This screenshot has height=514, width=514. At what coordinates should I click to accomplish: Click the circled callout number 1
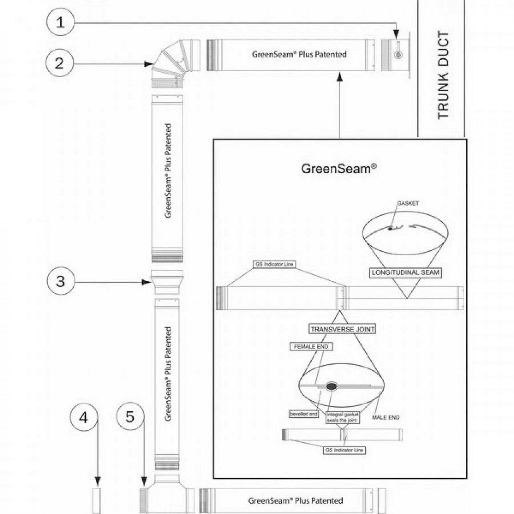tap(60, 22)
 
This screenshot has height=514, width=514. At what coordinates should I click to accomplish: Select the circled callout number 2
tap(60, 63)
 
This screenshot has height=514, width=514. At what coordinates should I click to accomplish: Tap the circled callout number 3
tap(61, 281)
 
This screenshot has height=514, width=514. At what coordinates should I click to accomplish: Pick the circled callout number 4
tap(84, 417)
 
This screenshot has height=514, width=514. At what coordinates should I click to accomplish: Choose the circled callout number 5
tap(130, 417)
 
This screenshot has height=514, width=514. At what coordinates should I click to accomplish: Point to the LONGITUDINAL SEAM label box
tap(405, 273)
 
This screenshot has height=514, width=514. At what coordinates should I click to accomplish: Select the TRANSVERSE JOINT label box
tap(342, 329)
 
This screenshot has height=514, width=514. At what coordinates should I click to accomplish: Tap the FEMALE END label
tap(311, 347)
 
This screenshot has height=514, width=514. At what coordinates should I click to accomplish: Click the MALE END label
tap(385, 417)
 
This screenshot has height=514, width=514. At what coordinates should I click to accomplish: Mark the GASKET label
tap(408, 203)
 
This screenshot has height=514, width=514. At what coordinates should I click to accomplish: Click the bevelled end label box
tap(304, 414)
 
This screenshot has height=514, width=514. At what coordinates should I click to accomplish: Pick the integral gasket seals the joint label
tap(342, 417)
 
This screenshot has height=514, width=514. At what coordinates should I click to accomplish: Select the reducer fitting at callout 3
tap(167, 282)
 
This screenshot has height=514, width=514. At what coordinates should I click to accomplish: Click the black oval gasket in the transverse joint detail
tap(331, 387)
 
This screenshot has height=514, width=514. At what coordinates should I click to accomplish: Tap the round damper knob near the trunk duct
tap(398, 55)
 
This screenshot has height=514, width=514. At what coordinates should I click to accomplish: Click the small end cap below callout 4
tap(97, 501)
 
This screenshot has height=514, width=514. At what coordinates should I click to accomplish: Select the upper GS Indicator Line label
tap(274, 264)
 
